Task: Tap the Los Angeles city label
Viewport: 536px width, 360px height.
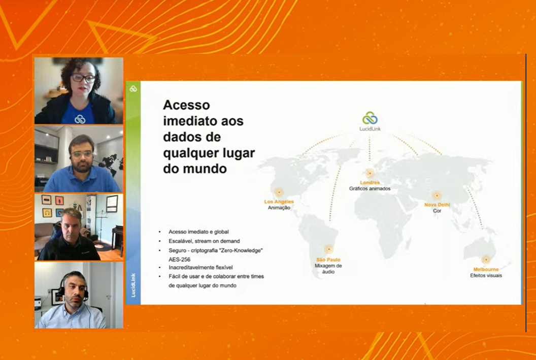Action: [x=279, y=202]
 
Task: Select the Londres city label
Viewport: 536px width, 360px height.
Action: [x=370, y=183]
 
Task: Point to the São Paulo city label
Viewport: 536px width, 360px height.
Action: [x=328, y=260]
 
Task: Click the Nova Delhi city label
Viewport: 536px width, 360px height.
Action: [x=437, y=205]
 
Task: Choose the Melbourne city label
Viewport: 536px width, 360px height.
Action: [x=486, y=270]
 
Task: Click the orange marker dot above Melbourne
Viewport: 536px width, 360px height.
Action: [x=486, y=259]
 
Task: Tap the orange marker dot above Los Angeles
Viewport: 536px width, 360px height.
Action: [x=279, y=192]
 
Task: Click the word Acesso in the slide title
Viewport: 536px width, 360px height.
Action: [x=186, y=105]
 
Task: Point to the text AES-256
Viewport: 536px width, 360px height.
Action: [x=180, y=259]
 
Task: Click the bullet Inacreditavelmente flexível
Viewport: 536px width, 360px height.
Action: [x=200, y=268]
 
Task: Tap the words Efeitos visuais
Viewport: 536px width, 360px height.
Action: [x=486, y=276]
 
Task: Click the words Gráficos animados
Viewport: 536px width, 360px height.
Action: [x=370, y=188]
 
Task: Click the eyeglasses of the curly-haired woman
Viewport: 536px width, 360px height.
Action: [x=83, y=78]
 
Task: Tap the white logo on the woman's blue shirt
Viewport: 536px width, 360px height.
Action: [x=80, y=119]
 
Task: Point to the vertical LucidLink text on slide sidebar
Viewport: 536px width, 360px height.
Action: [x=133, y=285]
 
